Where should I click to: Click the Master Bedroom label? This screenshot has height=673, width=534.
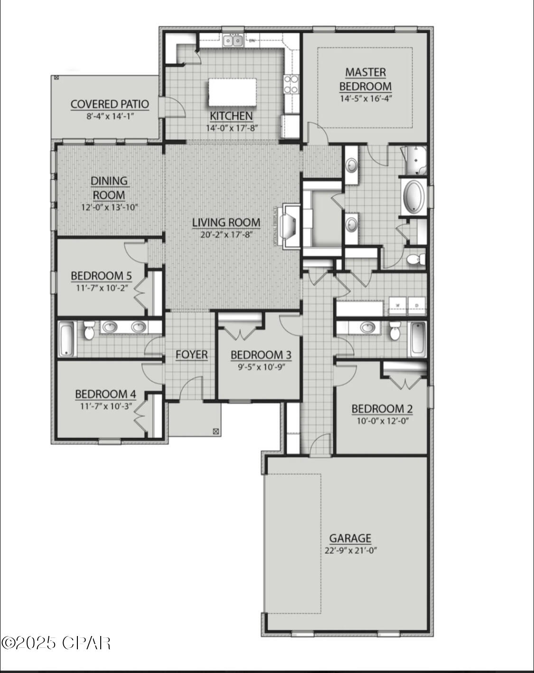pos(365,79)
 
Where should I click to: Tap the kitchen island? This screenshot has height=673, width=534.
pos(232,92)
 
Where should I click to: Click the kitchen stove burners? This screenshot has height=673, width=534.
pos(291,84)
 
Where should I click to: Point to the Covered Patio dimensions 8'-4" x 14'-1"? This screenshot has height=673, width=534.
pos(109,115)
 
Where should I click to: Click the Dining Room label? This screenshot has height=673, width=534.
pos(109,188)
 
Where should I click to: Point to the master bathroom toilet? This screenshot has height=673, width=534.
pos(415,259)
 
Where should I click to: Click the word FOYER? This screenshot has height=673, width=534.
pos(191,355)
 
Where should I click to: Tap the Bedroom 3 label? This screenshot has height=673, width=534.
pos(261,355)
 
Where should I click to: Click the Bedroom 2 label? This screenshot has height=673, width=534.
pos(382,409)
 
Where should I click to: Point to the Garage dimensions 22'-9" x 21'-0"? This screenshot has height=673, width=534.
pos(350,550)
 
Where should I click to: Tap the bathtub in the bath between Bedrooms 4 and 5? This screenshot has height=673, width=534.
pos(67,339)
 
